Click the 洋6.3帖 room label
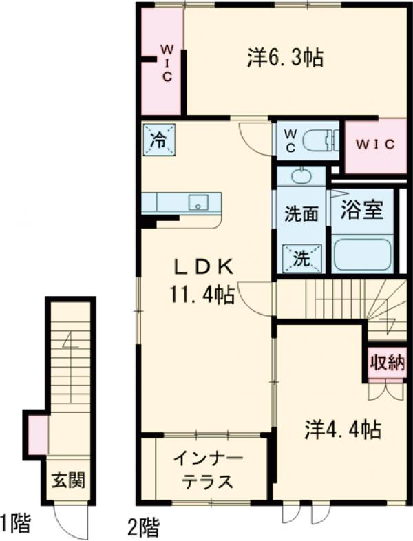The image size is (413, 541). click(x=285, y=59)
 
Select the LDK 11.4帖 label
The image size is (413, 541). click(x=202, y=281)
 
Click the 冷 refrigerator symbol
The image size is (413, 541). click(x=158, y=140)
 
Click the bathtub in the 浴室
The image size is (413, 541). click(x=362, y=255)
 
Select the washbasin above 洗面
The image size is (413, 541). click(x=301, y=176)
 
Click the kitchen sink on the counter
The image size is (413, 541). click(x=198, y=202)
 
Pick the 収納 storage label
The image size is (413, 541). click(x=385, y=361)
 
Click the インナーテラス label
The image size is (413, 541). click(x=206, y=470)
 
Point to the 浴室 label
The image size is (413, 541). click(x=362, y=210)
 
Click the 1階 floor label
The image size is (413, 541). click(x=15, y=524)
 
